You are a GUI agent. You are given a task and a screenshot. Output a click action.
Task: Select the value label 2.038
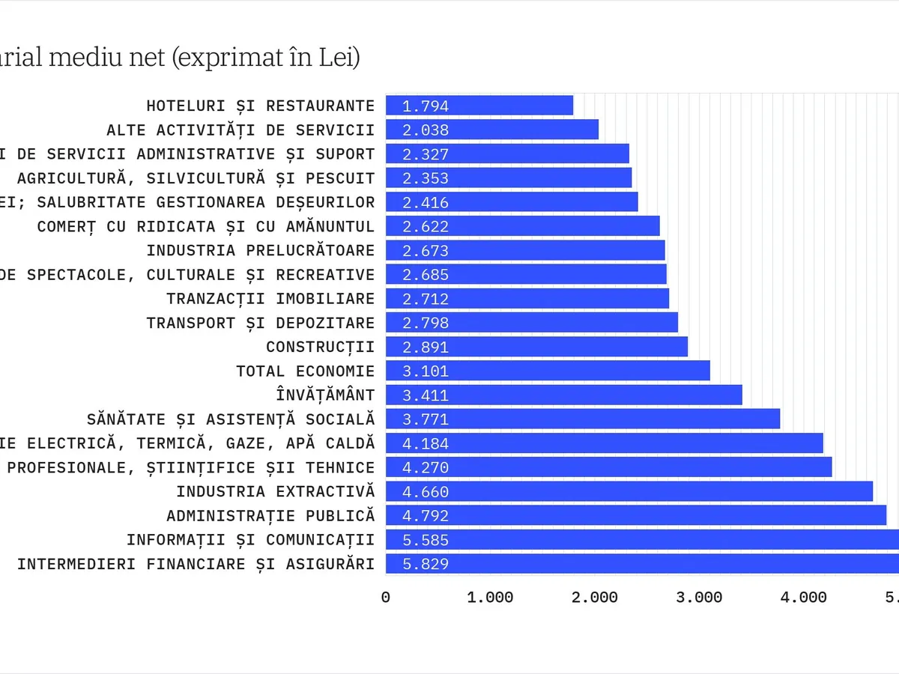[425, 130]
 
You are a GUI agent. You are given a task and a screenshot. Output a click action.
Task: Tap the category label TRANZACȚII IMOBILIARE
[270, 299]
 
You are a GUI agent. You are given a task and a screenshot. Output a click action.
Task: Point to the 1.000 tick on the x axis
[490, 598]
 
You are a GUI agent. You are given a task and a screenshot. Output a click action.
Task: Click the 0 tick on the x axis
[386, 598]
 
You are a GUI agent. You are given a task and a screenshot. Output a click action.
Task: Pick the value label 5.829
[425, 564]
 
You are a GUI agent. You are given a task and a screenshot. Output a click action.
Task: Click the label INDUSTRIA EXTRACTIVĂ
[275, 491]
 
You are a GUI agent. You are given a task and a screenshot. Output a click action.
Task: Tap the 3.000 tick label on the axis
[699, 598]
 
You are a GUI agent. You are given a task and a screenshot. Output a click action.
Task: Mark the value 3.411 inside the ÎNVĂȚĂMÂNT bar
[425, 395]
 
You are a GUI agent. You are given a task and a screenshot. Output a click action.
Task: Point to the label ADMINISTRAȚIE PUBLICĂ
[270, 516]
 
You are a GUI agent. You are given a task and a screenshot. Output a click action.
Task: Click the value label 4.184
[425, 443]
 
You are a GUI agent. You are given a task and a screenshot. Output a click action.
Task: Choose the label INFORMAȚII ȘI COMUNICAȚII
[250, 540]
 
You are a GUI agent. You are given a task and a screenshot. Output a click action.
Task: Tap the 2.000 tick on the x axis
[595, 598]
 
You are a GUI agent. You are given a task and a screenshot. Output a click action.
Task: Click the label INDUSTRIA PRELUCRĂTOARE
[260, 250]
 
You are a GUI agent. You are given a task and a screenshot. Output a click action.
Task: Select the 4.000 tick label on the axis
[803, 598]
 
